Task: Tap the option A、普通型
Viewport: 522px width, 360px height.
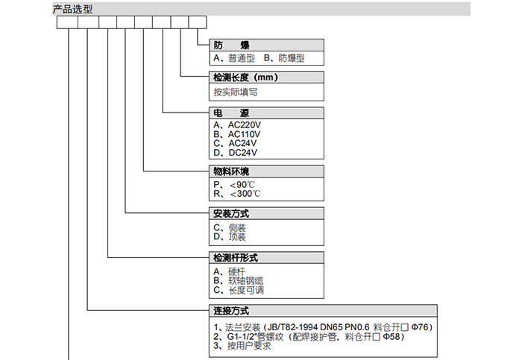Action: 234,58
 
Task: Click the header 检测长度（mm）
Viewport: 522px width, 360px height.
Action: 245,77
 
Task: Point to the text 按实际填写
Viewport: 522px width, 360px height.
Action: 236,92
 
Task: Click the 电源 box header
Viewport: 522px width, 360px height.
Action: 226,113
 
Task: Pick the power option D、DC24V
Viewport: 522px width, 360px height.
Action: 236,153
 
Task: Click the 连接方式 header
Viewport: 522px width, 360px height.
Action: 230,311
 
